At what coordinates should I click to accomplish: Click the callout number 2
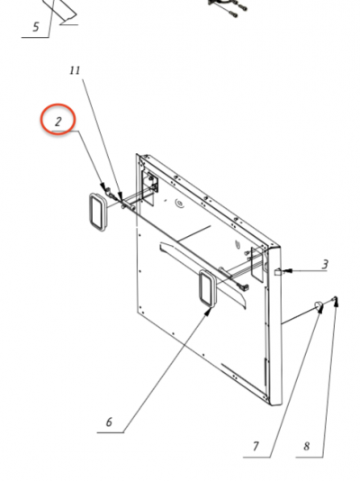tap(58, 122)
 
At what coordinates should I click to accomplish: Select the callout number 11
tap(75, 70)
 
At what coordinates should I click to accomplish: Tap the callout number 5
tap(36, 27)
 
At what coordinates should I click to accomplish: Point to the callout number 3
tap(325, 265)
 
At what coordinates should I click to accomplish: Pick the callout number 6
tap(110, 422)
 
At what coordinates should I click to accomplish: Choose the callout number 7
tap(256, 447)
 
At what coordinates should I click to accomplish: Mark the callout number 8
tap(307, 447)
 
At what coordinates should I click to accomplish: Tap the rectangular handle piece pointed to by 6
tap(208, 288)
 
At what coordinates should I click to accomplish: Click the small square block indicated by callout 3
tap(278, 272)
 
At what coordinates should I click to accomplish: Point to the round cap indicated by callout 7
tap(318, 305)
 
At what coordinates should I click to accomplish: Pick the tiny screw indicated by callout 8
tap(335, 298)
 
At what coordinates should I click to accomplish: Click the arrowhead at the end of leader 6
tap(209, 312)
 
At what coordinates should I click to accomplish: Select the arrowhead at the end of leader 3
tap(286, 271)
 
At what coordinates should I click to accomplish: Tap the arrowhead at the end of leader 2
tap(103, 186)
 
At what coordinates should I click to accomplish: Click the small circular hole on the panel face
tap(178, 203)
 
